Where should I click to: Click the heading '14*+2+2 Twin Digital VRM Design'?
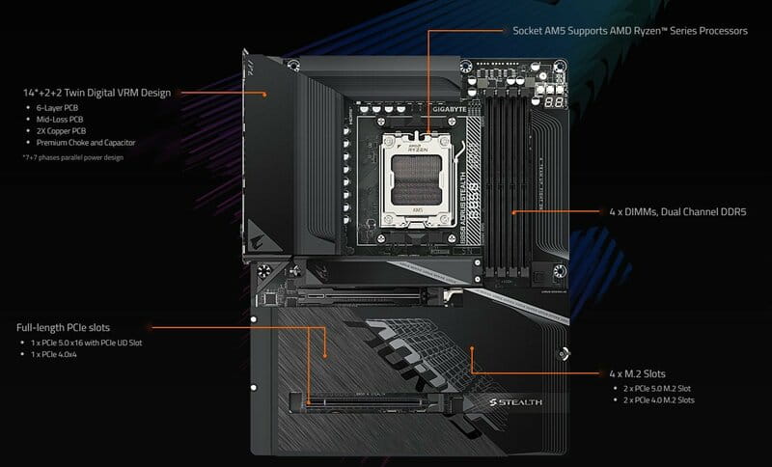(x=97, y=94)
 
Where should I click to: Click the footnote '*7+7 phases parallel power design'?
(x=73, y=156)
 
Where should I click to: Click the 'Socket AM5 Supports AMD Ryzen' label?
(x=630, y=31)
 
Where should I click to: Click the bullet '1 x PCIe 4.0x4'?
(x=57, y=355)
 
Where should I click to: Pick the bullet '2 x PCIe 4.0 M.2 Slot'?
(x=660, y=399)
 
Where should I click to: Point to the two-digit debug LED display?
(x=553, y=99)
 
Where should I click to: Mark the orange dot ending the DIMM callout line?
(x=514, y=211)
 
